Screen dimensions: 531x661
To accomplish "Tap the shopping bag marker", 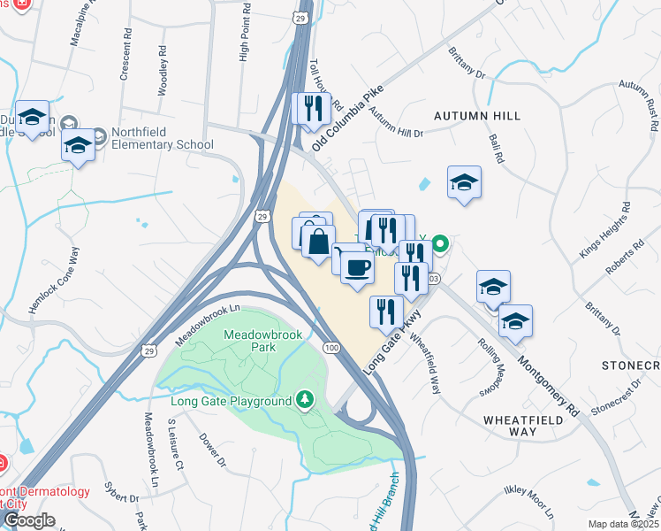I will (x=318, y=240).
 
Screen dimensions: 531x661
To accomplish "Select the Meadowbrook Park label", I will (x=249, y=341).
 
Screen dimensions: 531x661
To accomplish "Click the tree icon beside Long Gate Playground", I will (x=305, y=401).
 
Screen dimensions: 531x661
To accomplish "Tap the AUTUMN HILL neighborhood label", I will (x=476, y=116).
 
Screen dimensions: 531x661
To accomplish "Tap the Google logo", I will (x=28, y=520).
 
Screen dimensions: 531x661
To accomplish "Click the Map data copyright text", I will (x=623, y=524).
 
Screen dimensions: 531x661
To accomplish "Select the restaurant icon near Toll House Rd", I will (x=311, y=108).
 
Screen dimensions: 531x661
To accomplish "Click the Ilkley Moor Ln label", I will (x=528, y=503).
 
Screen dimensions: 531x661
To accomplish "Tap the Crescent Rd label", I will (x=125, y=64).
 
